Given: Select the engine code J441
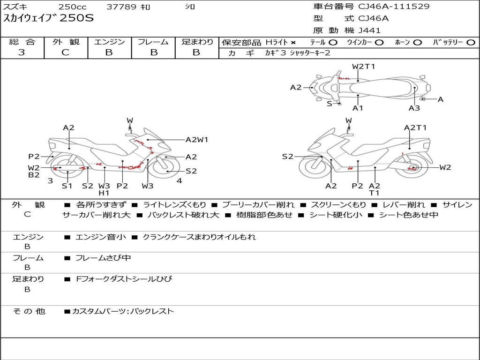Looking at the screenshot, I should click(369, 30).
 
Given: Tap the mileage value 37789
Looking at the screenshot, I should click(121, 7).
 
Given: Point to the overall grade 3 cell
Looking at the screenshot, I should click(22, 52).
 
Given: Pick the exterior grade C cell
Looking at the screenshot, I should click(65, 52).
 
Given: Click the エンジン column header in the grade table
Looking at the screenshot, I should click(109, 42).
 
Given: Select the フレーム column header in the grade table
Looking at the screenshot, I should click(153, 42).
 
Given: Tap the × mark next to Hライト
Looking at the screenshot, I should click(293, 43).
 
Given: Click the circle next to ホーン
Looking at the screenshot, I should click(418, 43).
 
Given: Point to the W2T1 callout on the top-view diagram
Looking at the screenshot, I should click(364, 66).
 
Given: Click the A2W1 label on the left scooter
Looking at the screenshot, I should click(197, 139).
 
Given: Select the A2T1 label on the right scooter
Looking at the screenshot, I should click(415, 127).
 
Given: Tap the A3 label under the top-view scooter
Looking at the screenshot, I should click(414, 108).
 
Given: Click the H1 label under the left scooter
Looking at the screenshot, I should click(104, 193).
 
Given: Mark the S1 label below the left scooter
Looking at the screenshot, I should click(67, 186).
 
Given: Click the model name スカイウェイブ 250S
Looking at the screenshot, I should click(49, 19).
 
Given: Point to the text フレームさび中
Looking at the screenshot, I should click(103, 258).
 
